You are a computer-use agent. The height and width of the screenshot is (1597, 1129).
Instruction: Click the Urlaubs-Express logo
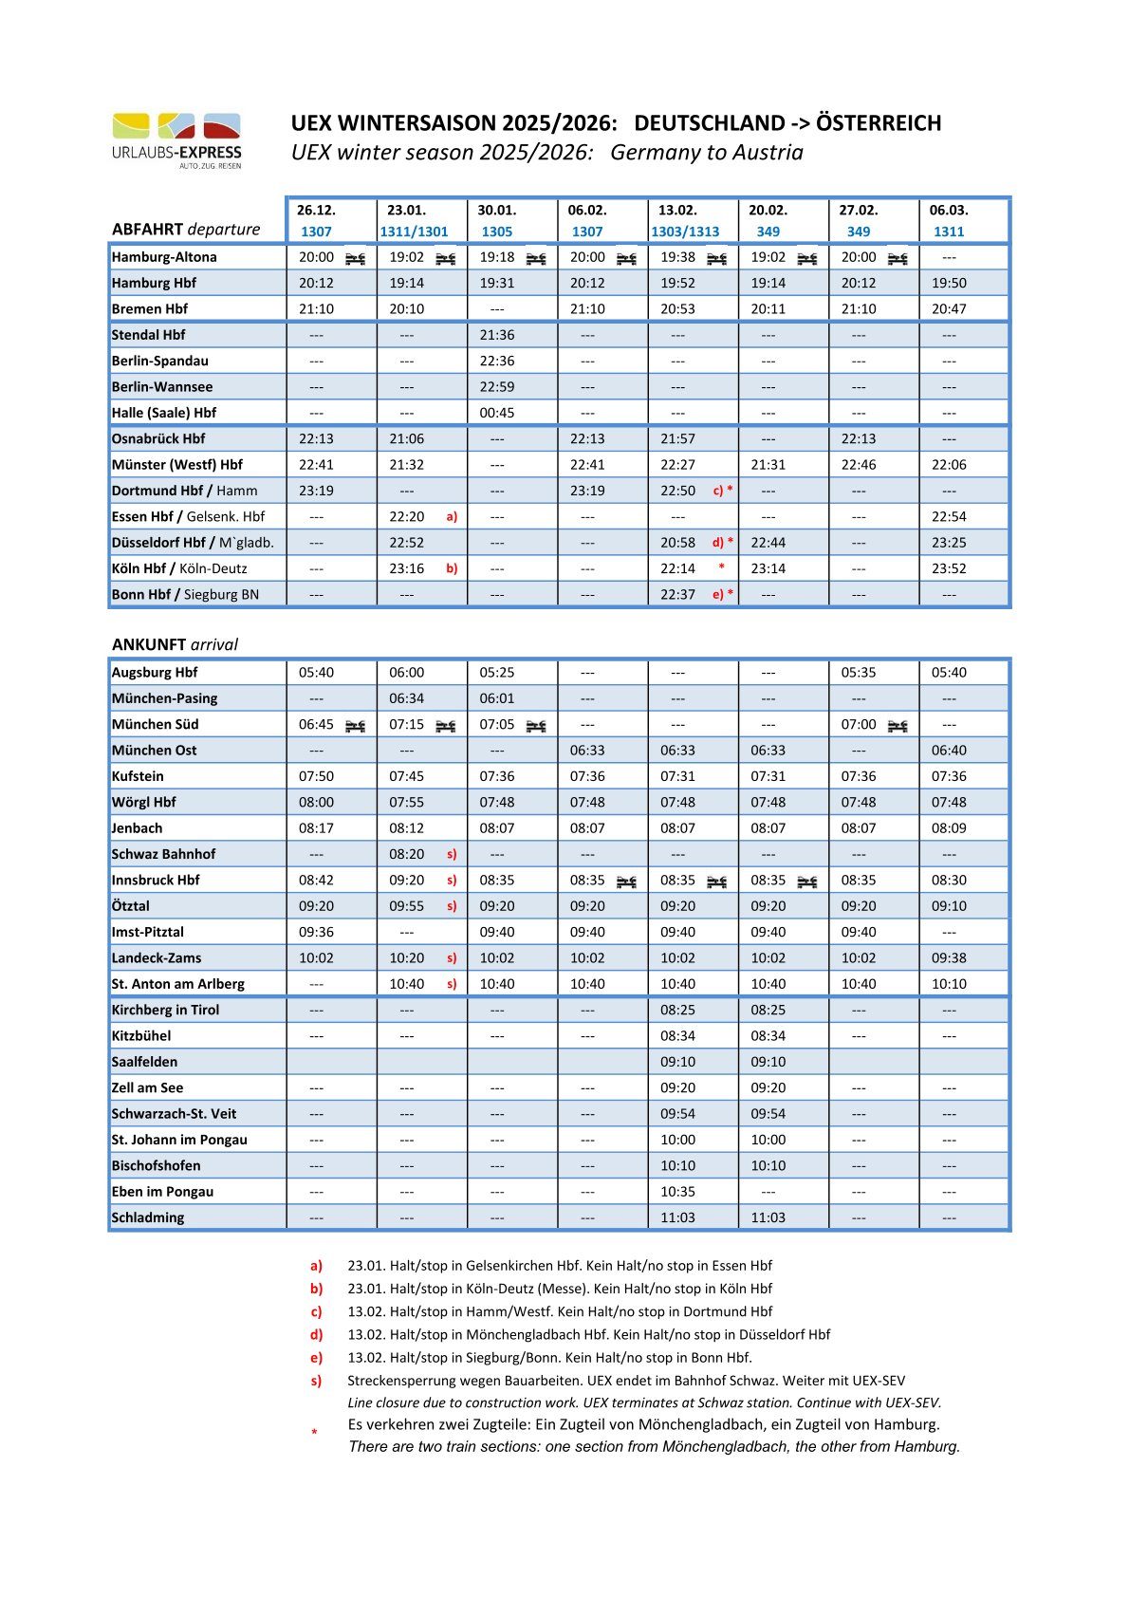click(176, 139)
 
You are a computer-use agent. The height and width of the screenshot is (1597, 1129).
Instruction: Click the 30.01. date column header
click(496, 211)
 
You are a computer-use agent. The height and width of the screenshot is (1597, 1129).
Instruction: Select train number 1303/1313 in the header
click(685, 232)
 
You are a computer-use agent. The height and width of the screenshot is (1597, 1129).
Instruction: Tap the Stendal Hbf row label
click(149, 335)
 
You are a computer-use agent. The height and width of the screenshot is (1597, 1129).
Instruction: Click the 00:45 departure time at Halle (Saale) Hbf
click(496, 413)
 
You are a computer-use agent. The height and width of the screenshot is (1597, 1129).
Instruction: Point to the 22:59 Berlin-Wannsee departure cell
click(496, 387)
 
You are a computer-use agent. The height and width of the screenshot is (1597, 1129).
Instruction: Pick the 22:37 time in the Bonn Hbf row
click(677, 595)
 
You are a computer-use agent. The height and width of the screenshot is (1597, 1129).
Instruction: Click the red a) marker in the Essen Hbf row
click(452, 517)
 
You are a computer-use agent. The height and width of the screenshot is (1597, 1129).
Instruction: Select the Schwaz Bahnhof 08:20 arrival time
click(406, 854)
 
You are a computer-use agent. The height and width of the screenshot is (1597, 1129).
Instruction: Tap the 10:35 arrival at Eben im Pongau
click(677, 1192)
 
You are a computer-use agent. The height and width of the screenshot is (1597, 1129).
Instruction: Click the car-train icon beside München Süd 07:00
click(898, 726)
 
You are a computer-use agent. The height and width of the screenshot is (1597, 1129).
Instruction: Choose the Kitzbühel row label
click(141, 1036)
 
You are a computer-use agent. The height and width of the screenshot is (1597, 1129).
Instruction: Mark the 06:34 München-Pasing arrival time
click(406, 698)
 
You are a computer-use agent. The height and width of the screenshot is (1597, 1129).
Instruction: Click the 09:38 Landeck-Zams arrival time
click(949, 958)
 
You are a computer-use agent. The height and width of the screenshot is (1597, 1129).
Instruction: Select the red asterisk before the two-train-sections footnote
click(314, 1432)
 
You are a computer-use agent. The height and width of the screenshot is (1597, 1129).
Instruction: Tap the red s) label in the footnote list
click(316, 1381)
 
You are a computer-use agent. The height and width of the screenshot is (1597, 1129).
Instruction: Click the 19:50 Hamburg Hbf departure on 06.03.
click(949, 283)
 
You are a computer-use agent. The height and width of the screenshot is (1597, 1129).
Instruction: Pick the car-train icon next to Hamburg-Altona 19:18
click(536, 258)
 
